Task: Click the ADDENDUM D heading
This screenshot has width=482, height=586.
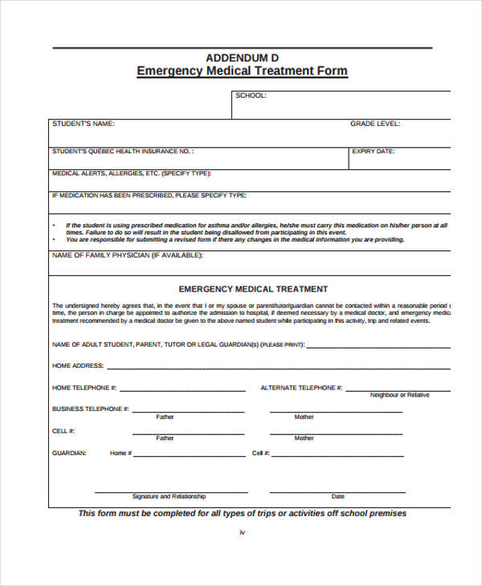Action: pos(242,57)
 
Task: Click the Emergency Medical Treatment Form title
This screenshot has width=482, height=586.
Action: pos(242,71)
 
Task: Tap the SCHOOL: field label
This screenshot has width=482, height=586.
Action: pos(251,96)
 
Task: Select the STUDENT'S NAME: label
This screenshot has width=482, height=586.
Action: pos(84,124)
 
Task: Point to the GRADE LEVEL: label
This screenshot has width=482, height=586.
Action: pos(375,124)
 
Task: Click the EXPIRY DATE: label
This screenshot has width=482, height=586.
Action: pos(374,151)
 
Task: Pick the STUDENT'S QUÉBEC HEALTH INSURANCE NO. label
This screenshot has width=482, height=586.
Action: pos(122,151)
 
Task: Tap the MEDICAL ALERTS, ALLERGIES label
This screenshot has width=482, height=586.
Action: pos(131,173)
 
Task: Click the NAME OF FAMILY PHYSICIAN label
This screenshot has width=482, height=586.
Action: pos(128,255)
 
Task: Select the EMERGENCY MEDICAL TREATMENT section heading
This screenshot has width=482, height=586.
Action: pos(253,289)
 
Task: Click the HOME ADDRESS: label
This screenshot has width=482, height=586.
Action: pos(78,365)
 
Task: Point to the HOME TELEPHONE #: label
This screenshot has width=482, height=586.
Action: pos(84,388)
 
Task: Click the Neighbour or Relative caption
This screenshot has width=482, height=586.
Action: pos(399,395)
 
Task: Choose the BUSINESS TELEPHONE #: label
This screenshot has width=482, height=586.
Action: pos(91,409)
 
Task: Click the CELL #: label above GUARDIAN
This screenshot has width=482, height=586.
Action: pos(63,431)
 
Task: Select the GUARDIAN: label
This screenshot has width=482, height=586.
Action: pos(69,453)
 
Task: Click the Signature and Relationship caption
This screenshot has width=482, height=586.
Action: pos(169,496)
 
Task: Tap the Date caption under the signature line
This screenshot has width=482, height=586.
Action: pos(338,496)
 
